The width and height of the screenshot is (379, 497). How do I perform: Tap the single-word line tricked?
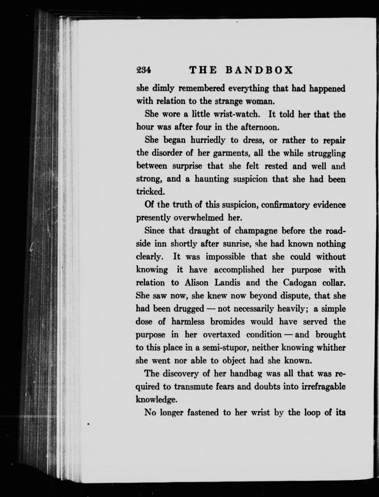click(x=150, y=192)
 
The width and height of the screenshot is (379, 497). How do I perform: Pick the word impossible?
click(x=226, y=257)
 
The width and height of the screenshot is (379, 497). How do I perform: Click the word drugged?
click(x=188, y=309)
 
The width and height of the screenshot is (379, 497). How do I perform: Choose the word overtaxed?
click(x=221, y=335)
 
